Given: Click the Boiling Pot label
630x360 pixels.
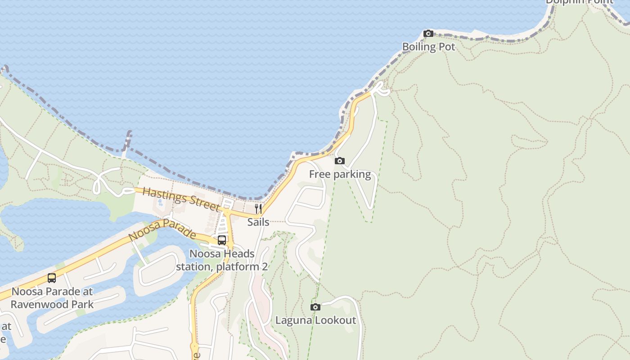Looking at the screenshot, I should tap(428, 47).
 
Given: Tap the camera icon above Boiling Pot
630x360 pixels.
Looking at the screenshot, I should tap(428, 34).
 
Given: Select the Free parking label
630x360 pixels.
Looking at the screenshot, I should tap(340, 175).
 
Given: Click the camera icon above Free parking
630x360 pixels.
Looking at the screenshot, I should tap(340, 161).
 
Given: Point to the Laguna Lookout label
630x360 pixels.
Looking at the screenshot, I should tap(315, 320).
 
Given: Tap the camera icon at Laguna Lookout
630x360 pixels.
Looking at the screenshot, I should tap(315, 307).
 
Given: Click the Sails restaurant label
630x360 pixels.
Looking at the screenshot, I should tap(258, 222).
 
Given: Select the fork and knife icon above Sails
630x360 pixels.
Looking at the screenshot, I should tap(258, 208).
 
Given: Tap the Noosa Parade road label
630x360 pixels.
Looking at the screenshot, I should tap(162, 229).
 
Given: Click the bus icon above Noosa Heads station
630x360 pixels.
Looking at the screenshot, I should tap(222, 240).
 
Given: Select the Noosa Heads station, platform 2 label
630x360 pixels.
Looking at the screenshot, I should tap(222, 260).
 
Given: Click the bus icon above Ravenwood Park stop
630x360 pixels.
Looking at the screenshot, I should tap(52, 278).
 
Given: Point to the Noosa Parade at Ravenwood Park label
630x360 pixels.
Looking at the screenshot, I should tap(52, 298).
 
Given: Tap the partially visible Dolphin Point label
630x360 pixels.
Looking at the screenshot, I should tap(579, 2).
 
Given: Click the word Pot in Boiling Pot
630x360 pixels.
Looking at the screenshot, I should tap(447, 47).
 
